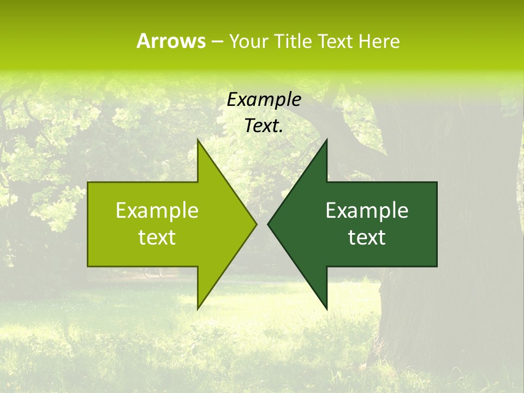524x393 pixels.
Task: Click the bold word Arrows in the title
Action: point(171,41)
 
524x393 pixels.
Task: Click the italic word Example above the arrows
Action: point(264,100)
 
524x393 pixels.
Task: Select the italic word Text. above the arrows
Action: point(264,126)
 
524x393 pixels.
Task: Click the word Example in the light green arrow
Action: point(157,211)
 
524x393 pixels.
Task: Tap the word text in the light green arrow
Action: point(157,237)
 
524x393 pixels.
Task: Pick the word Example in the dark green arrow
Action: point(367,211)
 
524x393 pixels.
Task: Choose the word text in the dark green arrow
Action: point(367,237)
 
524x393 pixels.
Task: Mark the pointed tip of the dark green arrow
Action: point(269,224)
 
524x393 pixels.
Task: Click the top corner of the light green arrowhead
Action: point(198,140)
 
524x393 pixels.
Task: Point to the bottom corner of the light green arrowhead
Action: point(198,308)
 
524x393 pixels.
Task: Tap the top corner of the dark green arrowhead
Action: point(326,140)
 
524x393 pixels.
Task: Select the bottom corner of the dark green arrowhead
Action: point(326,308)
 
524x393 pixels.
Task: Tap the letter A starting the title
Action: point(143,41)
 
